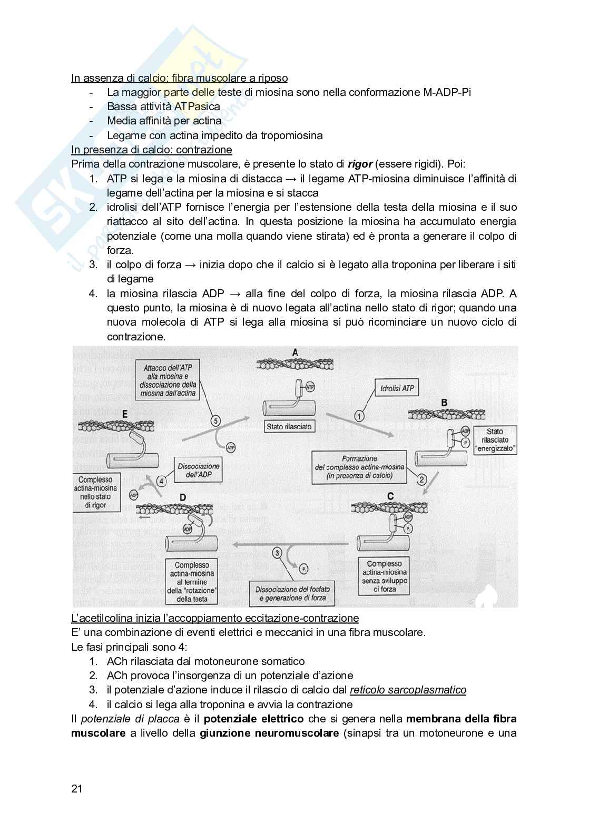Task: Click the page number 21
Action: click(77, 789)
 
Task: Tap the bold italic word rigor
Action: click(360, 164)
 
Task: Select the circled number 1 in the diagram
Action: click(359, 416)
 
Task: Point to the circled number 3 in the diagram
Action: click(278, 553)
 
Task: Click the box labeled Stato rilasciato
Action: click(289, 426)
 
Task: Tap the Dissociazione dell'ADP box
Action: click(198, 471)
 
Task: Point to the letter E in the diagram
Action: click(125, 415)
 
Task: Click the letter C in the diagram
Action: click(390, 496)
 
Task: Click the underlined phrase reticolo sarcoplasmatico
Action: click(408, 690)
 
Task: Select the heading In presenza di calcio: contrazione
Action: click(152, 150)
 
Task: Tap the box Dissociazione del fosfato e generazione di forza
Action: click(290, 593)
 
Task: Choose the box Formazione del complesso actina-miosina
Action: click(360, 467)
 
